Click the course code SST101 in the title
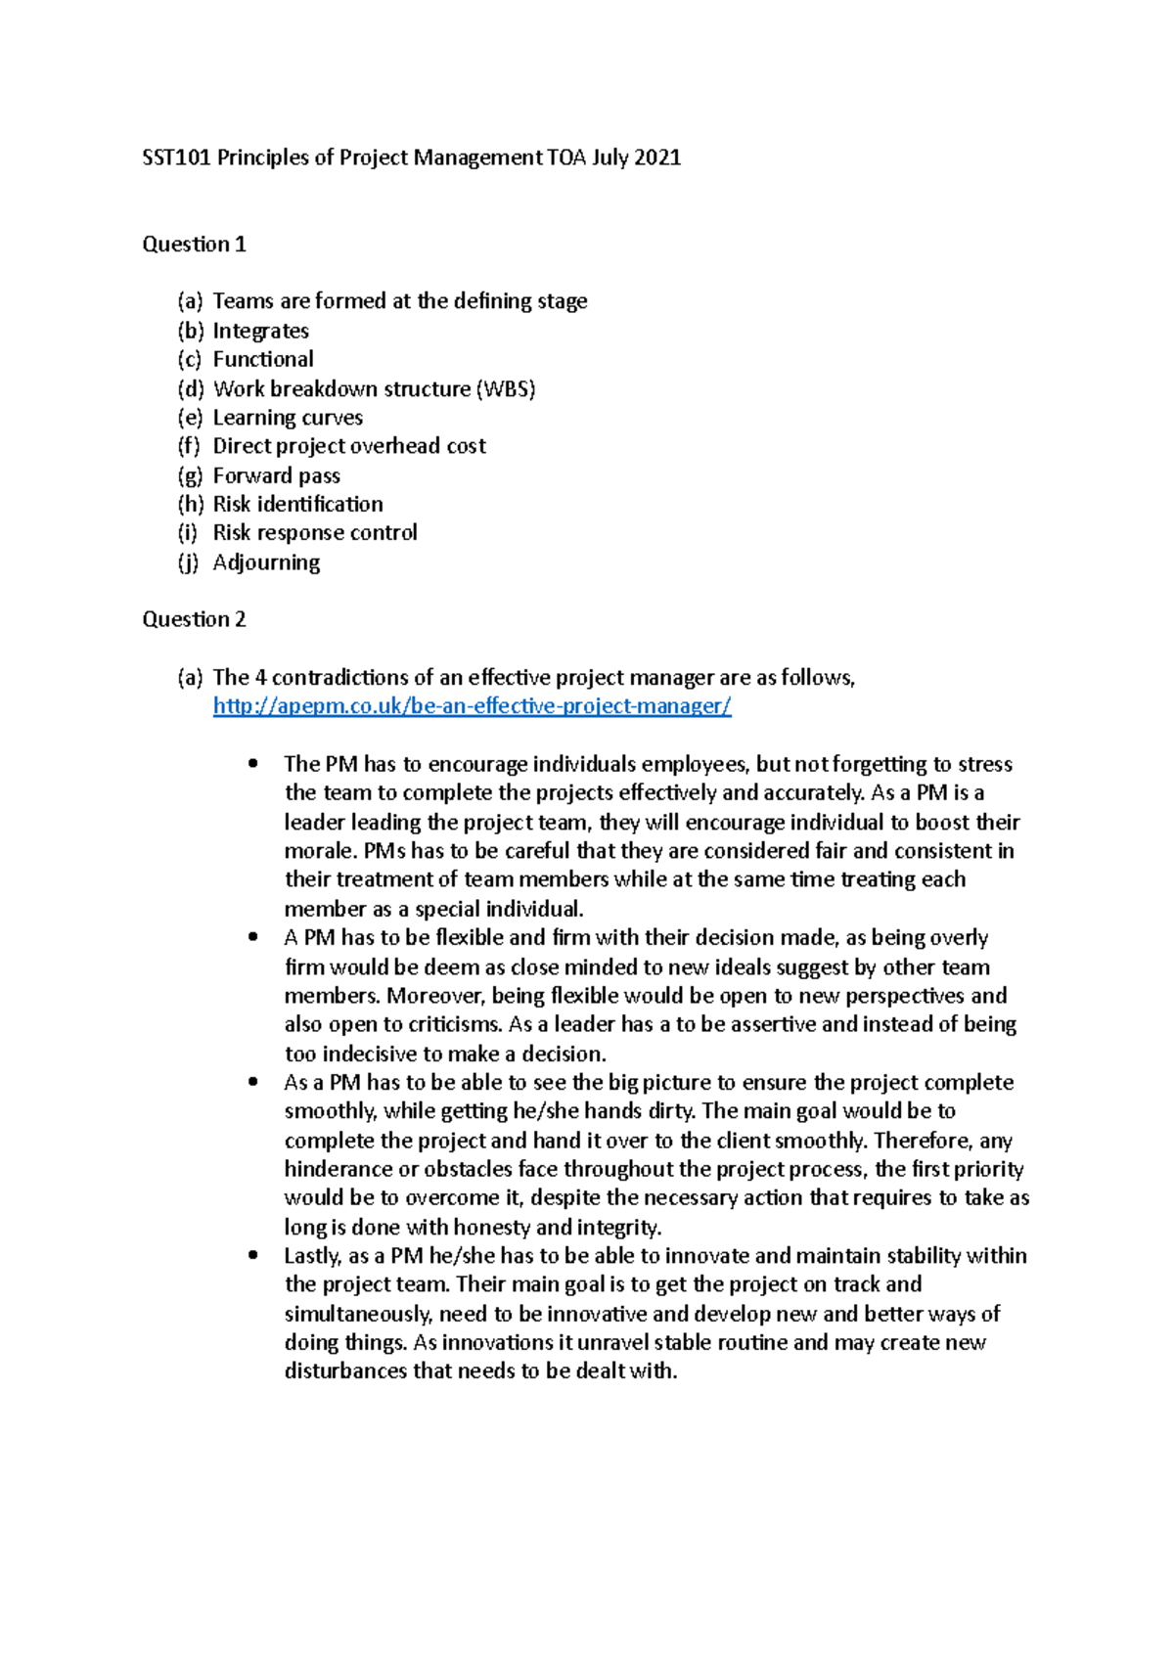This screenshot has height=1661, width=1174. pos(176,157)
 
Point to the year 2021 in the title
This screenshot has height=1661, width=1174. pos(656,157)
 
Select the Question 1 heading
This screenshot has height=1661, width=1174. pos(194,245)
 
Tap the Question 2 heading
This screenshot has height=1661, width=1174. pos(194,619)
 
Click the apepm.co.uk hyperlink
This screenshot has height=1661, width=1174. pos(472,706)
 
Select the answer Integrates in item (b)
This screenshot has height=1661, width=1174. pos(260,331)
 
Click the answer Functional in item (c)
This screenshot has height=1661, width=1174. pos(263,360)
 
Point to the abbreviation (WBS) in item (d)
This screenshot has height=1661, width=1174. pos(506,389)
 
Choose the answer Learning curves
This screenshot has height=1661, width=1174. pos(288,418)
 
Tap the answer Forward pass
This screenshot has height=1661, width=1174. pos(276,475)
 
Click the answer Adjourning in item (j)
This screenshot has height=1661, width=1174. pos(266,562)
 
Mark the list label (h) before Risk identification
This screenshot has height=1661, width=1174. pos(191,505)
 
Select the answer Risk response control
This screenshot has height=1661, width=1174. pos(315,533)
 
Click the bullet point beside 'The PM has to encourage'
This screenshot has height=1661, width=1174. pos(254,763)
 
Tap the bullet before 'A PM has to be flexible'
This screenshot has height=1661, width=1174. pos(254,937)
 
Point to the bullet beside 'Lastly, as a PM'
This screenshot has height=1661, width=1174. pos(254,1255)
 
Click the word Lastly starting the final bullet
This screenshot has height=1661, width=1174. pos(311,1256)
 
